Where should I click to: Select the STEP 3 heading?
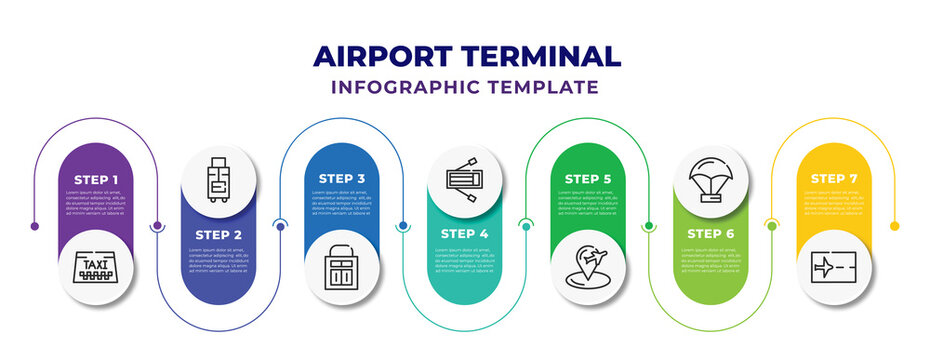pyautogui.click(x=342, y=178)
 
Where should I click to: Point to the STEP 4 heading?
pyautogui.click(x=464, y=233)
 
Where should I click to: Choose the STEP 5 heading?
pyautogui.click(x=588, y=178)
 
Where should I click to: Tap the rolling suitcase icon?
pyautogui.click(x=219, y=178)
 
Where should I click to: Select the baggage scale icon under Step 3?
pyautogui.click(x=342, y=267)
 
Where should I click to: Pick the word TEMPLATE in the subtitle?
pyautogui.click(x=544, y=87)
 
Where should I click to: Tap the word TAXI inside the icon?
pyautogui.click(x=97, y=265)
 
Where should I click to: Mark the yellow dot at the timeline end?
pyautogui.click(x=895, y=226)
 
